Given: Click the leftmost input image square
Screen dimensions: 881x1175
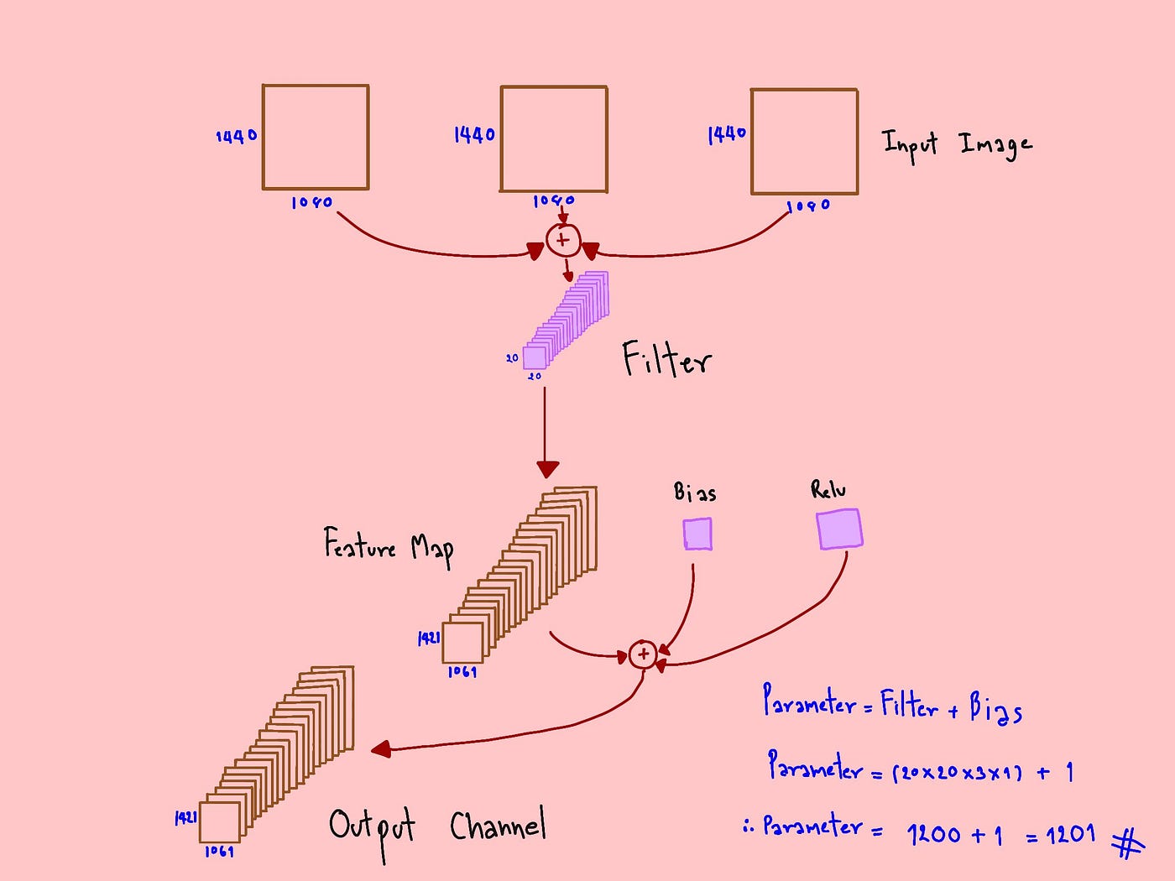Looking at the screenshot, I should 316,137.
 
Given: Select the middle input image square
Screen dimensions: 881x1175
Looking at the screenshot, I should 554,139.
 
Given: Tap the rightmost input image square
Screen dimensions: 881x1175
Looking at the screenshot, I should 804,142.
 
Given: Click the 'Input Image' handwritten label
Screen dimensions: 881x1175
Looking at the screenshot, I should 957,145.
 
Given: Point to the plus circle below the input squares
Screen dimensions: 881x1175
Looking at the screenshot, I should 562,241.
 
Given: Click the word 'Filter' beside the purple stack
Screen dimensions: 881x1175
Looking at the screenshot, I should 666,360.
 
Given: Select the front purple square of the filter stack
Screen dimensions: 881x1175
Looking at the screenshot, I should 535,358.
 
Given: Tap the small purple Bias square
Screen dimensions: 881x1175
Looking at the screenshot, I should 697,534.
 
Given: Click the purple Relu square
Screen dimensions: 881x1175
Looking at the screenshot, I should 839,529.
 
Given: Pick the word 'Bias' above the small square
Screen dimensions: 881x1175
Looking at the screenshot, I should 695,492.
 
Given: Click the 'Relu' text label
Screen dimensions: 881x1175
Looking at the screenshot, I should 828,489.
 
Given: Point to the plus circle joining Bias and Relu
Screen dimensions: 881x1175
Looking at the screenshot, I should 643,654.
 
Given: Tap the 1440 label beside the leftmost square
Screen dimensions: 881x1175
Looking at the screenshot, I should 236,136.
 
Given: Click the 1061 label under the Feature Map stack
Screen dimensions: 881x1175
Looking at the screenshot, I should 462,672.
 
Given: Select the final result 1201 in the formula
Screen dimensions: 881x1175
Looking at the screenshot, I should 1070,834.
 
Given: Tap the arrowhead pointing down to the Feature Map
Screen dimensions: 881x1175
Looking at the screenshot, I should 547,469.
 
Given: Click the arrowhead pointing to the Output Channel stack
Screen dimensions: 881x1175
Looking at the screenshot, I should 381,748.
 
